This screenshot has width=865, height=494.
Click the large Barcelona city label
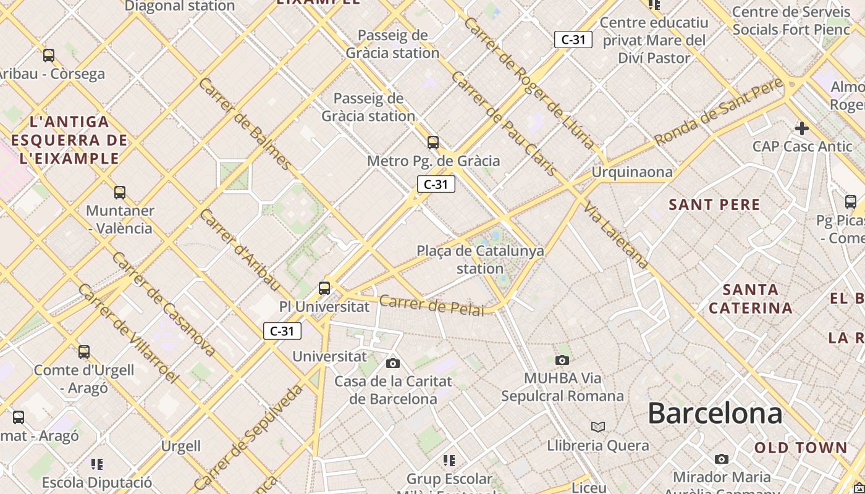715,413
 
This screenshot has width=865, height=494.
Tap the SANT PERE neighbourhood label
714,204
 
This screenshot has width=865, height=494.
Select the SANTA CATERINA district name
750,298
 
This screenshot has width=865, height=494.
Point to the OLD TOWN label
801,448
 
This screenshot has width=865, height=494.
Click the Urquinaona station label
632,172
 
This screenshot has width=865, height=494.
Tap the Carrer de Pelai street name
431,305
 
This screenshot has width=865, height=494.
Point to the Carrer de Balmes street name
244,124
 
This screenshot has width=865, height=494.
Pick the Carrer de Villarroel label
128,333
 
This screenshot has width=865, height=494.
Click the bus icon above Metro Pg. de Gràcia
433,143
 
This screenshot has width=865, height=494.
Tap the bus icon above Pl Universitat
324,288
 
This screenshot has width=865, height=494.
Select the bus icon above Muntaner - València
120,193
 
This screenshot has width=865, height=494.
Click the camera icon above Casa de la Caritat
392,363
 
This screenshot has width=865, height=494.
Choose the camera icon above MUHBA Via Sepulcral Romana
562,360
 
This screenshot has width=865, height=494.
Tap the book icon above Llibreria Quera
597,427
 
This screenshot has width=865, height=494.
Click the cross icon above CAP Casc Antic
801,128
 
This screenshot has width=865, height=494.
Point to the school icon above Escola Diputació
97,464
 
